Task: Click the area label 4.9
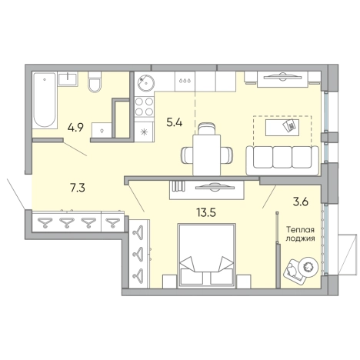click(x=75, y=127)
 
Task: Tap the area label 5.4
click(x=175, y=122)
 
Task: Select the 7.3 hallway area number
click(x=78, y=188)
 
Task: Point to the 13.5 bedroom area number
click(x=206, y=212)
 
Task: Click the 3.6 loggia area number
click(x=301, y=202)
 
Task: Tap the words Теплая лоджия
click(x=300, y=234)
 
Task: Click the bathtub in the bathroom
click(x=45, y=100)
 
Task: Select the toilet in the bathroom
click(x=95, y=82)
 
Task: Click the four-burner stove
click(x=144, y=107)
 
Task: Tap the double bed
click(x=206, y=255)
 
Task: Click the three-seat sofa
click(x=282, y=161)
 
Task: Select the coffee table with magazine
click(x=282, y=128)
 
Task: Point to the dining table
click(x=207, y=155)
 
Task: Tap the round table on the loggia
click(x=308, y=267)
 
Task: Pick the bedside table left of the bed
click(x=169, y=281)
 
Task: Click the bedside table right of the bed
click(x=244, y=281)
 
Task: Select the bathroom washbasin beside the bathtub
click(x=68, y=79)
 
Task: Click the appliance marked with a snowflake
click(x=144, y=132)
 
